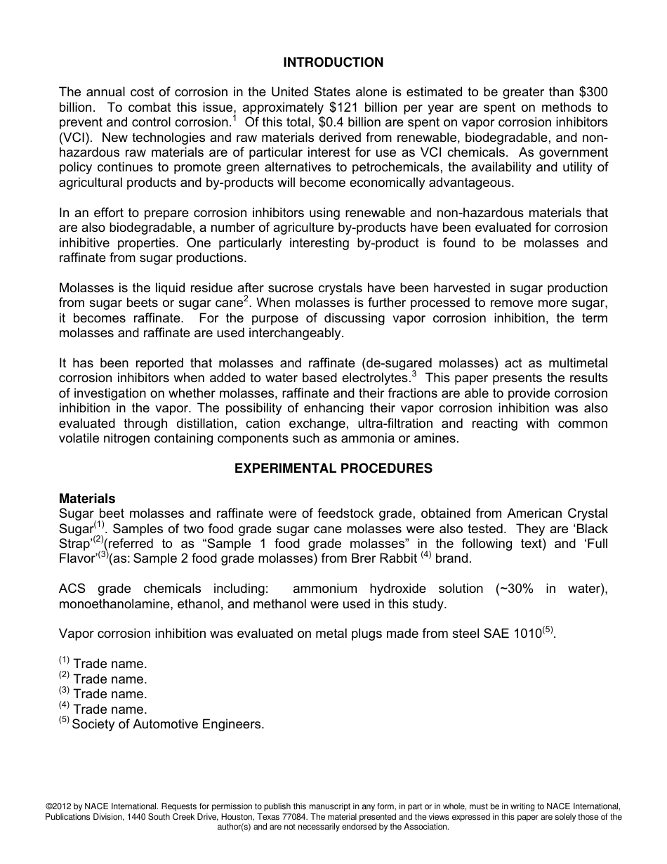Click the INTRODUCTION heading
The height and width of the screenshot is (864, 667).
[x=333, y=63]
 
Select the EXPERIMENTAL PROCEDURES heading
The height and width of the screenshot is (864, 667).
[x=333, y=468]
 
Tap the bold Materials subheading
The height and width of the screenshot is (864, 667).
[x=87, y=499]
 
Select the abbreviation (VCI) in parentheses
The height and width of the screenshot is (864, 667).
[x=75, y=138]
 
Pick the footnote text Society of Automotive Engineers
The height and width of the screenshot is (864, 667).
[x=168, y=724]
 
